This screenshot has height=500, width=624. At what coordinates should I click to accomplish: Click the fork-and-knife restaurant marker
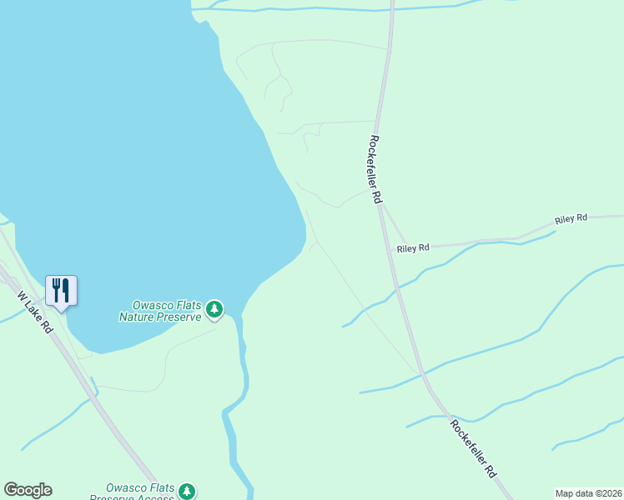click(x=61, y=291)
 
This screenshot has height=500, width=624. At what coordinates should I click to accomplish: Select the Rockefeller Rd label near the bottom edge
click(x=473, y=447)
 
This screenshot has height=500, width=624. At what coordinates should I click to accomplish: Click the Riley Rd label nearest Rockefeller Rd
click(x=413, y=248)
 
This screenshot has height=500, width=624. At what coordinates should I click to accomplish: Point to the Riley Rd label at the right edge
click(x=571, y=218)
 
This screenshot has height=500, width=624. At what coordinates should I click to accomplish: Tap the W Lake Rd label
click(x=35, y=312)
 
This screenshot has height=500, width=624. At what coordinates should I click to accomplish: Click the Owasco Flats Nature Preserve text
click(x=160, y=311)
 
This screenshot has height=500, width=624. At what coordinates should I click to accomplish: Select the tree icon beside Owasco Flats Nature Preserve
click(x=214, y=310)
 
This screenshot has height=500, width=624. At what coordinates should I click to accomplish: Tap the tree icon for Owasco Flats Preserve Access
click(x=188, y=491)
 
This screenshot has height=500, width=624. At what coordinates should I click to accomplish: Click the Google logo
click(x=28, y=490)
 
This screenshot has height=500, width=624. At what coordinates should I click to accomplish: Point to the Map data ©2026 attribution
click(x=589, y=493)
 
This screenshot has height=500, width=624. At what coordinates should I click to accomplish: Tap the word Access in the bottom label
click(x=158, y=497)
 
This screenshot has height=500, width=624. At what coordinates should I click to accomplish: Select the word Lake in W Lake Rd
click(x=34, y=311)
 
